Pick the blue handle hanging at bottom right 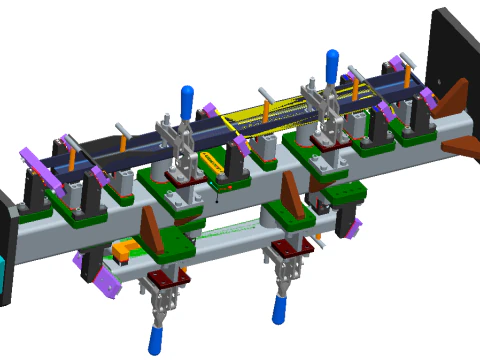pos(279,308)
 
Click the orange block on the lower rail pos(126,247)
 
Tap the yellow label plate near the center pos(213,163)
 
